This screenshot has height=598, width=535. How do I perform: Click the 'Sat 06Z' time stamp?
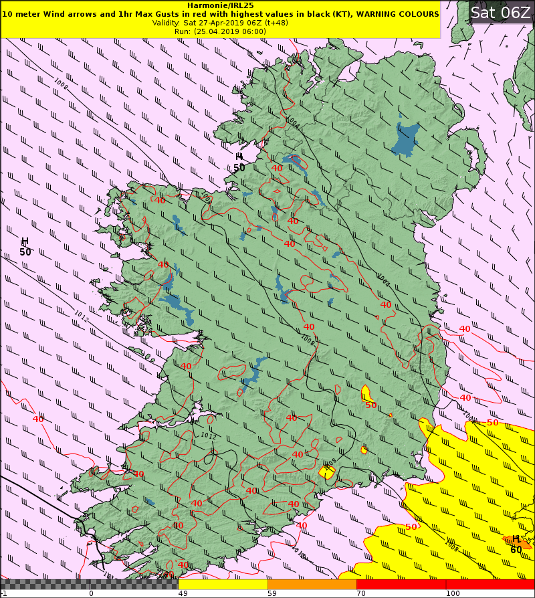[x=500, y=12]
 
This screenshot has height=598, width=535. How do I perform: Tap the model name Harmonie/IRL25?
[x=221, y=5]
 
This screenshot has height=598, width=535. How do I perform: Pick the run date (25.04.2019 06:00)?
[x=230, y=31]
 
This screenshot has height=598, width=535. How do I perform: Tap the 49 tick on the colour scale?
[x=183, y=593]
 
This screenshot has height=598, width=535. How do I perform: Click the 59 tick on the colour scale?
[x=272, y=593]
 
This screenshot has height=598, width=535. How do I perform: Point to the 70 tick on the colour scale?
[x=360, y=593]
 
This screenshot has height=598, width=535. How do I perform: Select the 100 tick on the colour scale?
[x=453, y=593]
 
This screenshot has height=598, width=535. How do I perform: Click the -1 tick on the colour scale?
[x=4, y=593]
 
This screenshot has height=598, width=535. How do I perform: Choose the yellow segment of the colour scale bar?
[x=223, y=584]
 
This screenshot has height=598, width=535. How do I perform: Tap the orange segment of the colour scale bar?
[x=312, y=584]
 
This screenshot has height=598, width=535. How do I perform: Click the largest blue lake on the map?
[x=406, y=138]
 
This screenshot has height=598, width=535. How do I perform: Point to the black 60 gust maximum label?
[x=516, y=550]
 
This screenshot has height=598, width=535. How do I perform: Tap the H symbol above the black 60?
[x=516, y=539]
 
